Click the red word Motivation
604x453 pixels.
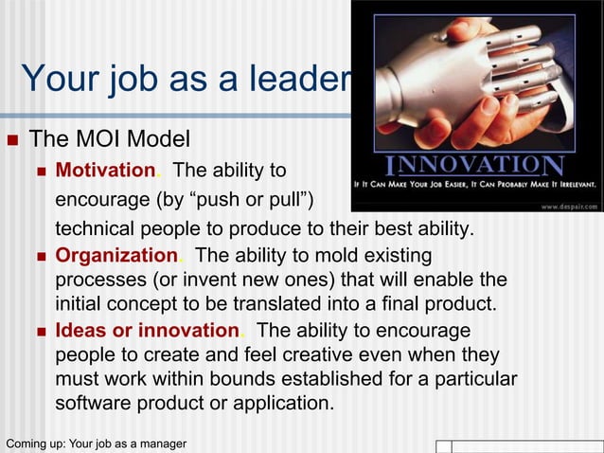point(105,172)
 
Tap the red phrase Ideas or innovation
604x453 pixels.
point(146,331)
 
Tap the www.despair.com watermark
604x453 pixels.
point(567,204)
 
